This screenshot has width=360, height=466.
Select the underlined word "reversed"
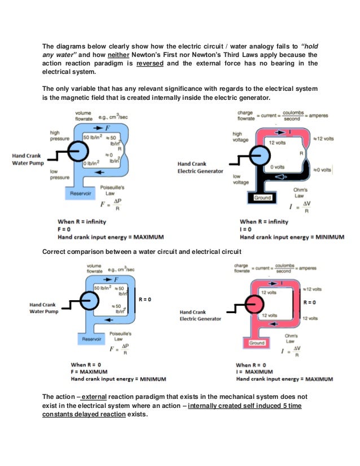point(155,63)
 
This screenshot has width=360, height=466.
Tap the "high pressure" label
point(59,135)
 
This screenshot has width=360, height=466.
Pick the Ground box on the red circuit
point(257,343)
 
